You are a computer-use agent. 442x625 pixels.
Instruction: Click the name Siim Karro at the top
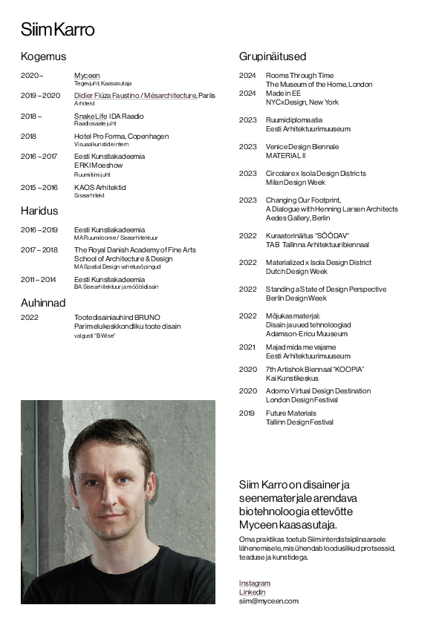tap(57, 30)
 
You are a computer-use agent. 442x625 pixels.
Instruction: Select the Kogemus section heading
tap(43, 56)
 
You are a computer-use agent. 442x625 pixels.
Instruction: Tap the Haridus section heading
tap(39, 211)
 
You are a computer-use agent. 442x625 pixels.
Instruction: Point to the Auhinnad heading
tap(43, 303)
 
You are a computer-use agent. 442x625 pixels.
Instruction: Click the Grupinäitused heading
tap(273, 56)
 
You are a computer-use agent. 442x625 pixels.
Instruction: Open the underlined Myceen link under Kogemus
tap(87, 76)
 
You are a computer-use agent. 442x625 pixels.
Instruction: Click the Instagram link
tap(255, 583)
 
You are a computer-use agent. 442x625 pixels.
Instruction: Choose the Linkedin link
tap(252, 592)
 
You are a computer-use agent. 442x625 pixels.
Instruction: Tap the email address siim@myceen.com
tap(268, 601)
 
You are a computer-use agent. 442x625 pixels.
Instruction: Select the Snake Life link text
tap(91, 117)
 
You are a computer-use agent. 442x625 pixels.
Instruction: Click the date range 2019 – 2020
tap(40, 96)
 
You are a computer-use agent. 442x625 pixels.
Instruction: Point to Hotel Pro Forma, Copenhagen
tap(121, 137)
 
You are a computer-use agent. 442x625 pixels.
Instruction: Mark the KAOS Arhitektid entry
tap(100, 188)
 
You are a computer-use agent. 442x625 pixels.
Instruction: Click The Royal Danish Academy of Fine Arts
tap(135, 250)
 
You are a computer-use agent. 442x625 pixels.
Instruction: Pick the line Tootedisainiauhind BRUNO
tap(117, 317)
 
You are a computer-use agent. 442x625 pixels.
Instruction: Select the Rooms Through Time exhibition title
tap(299, 76)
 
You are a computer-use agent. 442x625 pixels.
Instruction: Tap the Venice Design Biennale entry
tap(302, 147)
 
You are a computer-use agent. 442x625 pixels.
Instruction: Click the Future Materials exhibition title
tap(291, 413)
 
